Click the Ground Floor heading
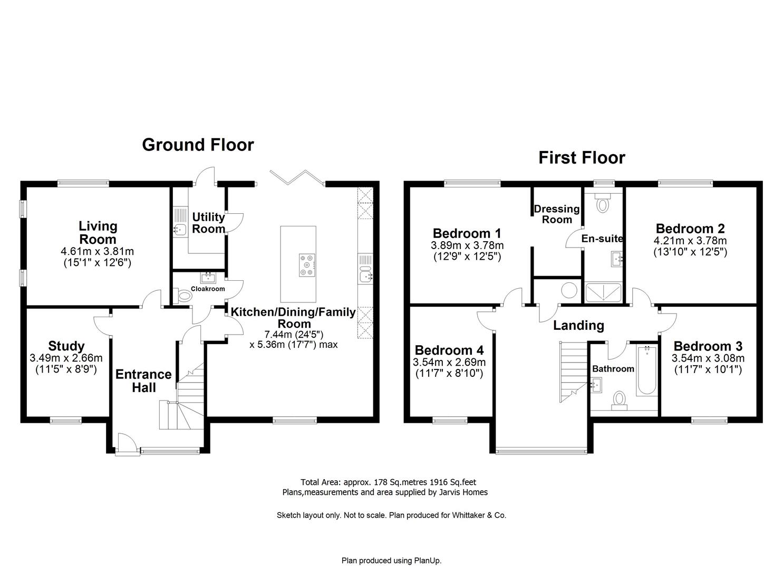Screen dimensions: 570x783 coord(198,145)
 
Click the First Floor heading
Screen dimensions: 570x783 coord(582,158)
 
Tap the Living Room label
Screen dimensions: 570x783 coord(98,233)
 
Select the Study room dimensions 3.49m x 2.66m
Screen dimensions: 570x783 coord(66,358)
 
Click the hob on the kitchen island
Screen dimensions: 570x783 coord(307,265)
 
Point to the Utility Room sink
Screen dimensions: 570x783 coord(179,229)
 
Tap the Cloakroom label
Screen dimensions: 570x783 coord(208,289)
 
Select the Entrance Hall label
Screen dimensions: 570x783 coord(143,381)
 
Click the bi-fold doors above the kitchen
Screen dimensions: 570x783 coord(296,177)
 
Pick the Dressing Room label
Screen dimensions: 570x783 coord(557,214)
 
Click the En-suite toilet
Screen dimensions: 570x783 coord(602,203)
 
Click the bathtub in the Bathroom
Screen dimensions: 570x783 coord(646,372)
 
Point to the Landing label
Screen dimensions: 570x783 coord(578,326)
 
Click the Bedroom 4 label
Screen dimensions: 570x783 coord(449,350)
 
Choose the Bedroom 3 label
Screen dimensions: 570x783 coord(708,346)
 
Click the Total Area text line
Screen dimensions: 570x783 coord(388,482)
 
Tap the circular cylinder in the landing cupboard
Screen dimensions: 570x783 coord(569,290)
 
